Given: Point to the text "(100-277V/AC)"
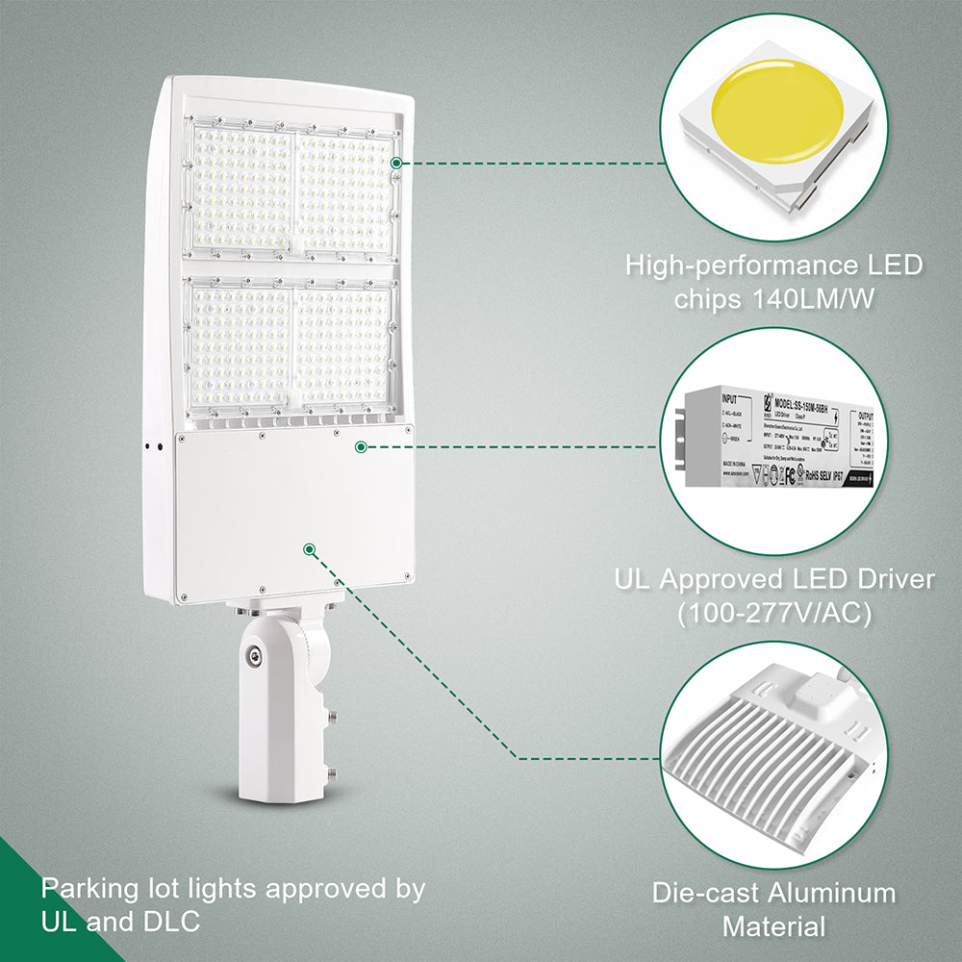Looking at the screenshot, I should coord(774,613).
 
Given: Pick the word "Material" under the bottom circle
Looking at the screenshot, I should coord(774,926).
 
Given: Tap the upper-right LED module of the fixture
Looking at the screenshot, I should coord(343,192).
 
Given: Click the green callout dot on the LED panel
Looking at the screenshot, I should coord(395,163).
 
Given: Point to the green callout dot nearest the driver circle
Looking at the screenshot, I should coord(360,446).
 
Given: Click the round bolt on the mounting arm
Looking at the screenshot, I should coord(253,656).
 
